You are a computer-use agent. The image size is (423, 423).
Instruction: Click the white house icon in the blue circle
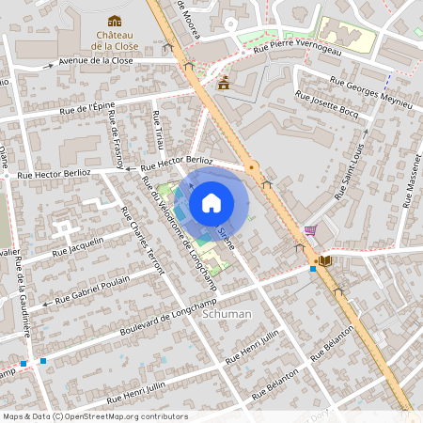[x=211, y=202]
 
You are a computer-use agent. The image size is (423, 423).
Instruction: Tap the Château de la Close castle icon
[x=115, y=21]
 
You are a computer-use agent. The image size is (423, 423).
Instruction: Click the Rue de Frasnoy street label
[x=116, y=138]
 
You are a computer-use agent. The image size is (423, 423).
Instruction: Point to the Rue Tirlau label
[x=158, y=133]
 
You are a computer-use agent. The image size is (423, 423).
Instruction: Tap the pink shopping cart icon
[x=310, y=230]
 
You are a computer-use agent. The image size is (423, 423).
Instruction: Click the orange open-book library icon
[x=325, y=260]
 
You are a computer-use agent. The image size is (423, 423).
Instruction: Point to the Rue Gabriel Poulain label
[x=93, y=290]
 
